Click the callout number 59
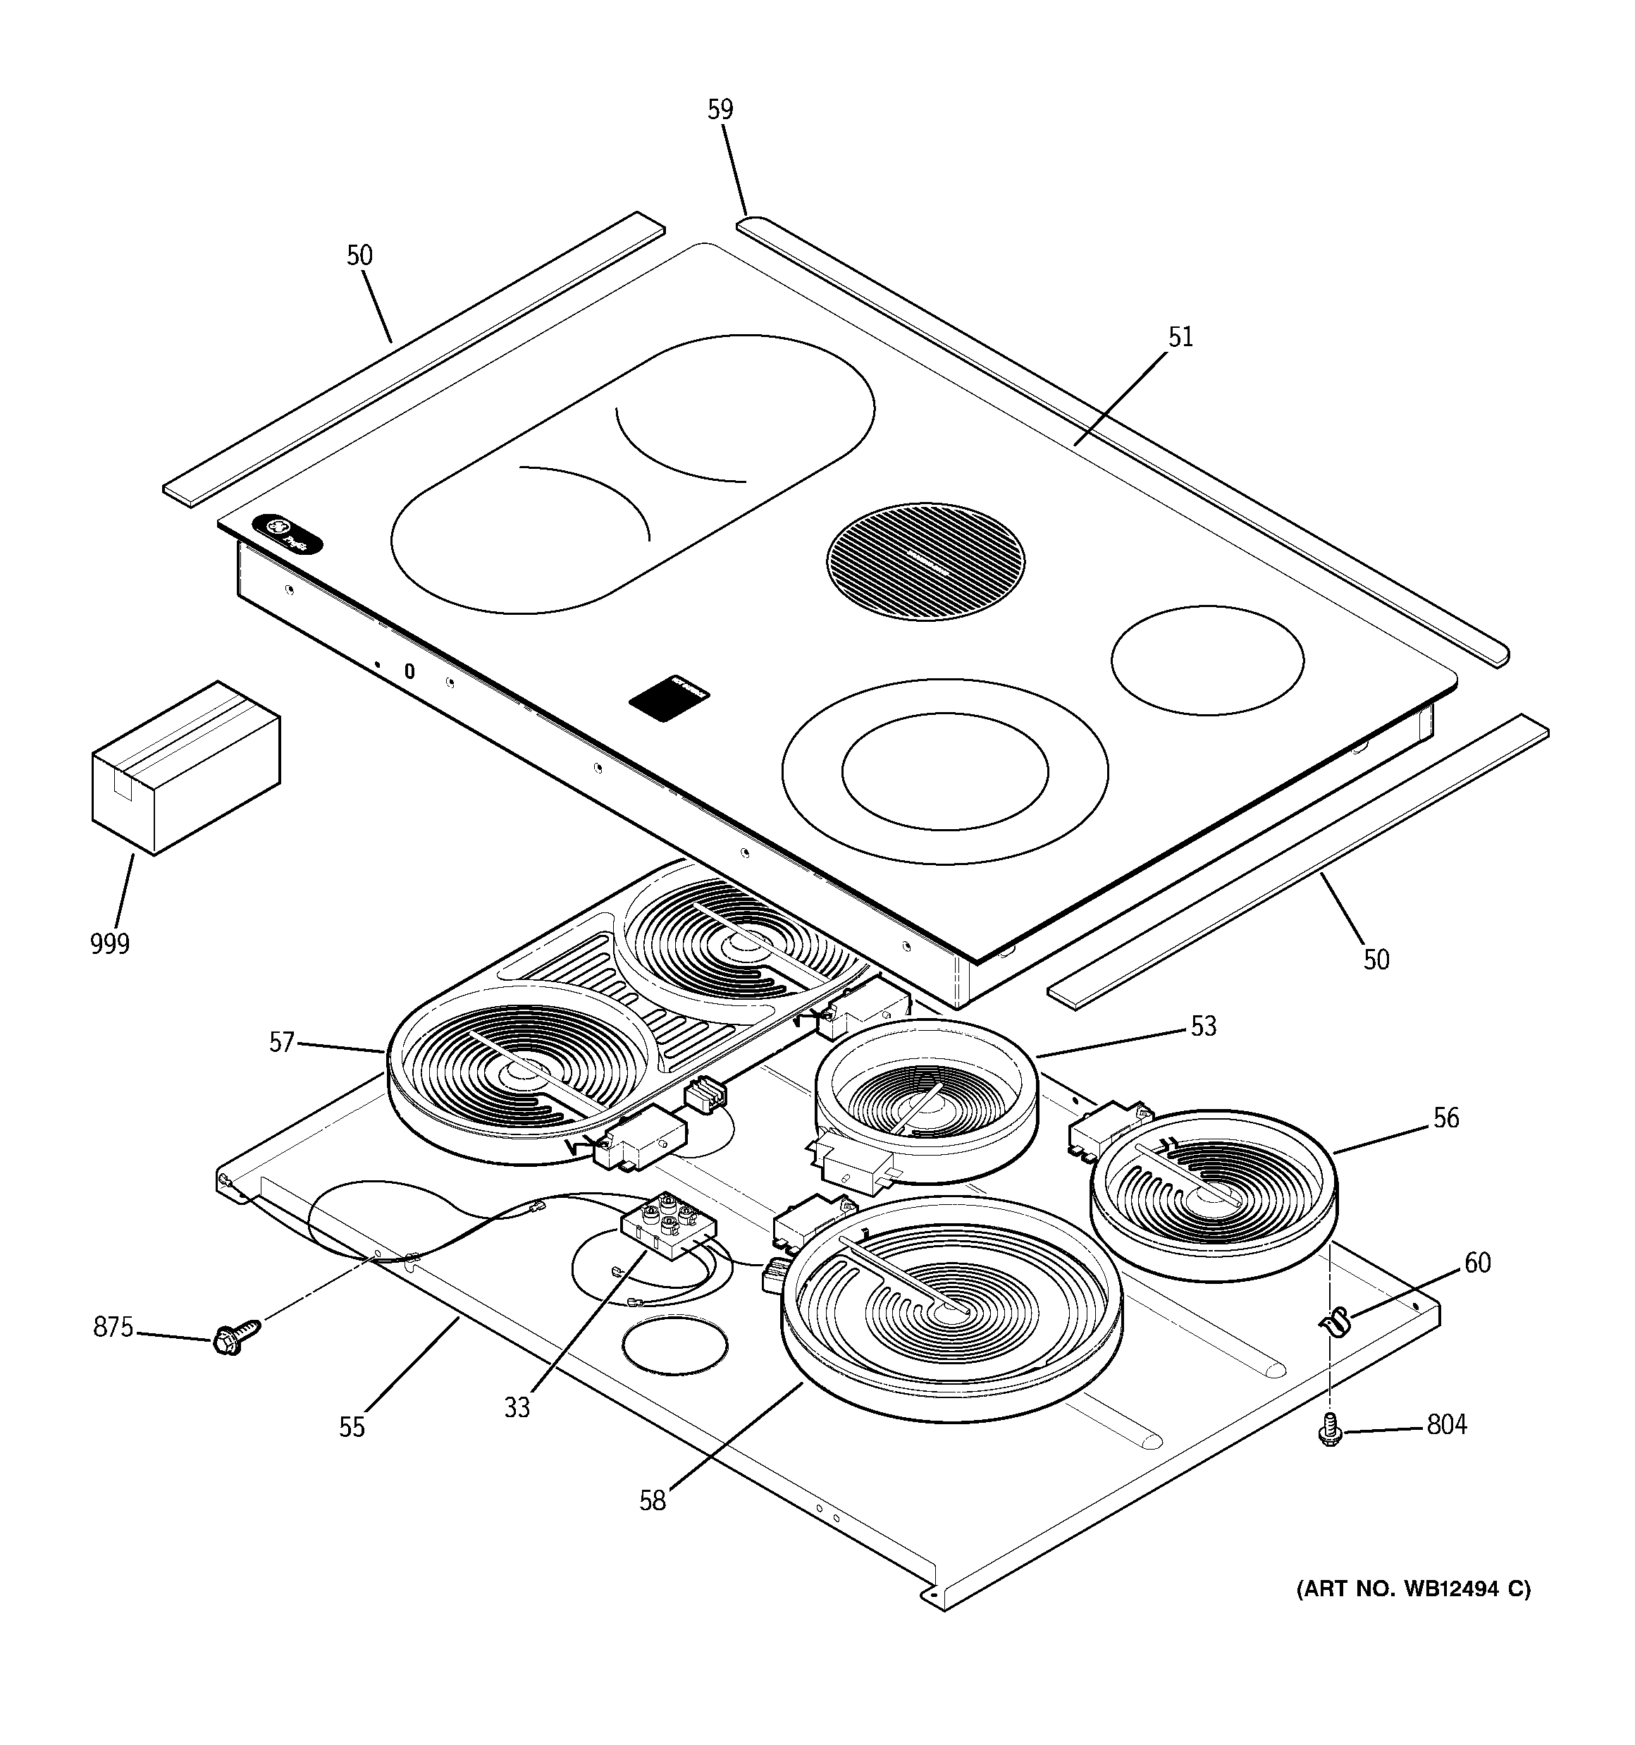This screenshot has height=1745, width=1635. pos(720,110)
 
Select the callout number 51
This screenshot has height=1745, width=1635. pos(1180,337)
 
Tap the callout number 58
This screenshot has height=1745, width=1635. pos(652,1501)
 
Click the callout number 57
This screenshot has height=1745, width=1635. pos(280,1043)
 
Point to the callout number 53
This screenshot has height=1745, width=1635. pos(1203,1026)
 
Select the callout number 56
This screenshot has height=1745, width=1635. pos(1445,1118)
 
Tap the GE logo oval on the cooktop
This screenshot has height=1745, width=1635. pos(287,534)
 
